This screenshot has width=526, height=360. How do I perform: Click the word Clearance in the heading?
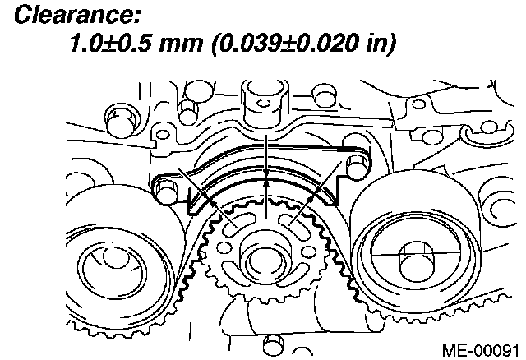point(76,15)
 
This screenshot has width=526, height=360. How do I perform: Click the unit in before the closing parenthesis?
point(376,44)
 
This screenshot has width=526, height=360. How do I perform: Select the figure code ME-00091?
point(480,351)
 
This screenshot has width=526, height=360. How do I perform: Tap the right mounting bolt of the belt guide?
point(356,166)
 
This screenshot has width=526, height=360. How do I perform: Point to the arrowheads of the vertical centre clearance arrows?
point(266,178)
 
